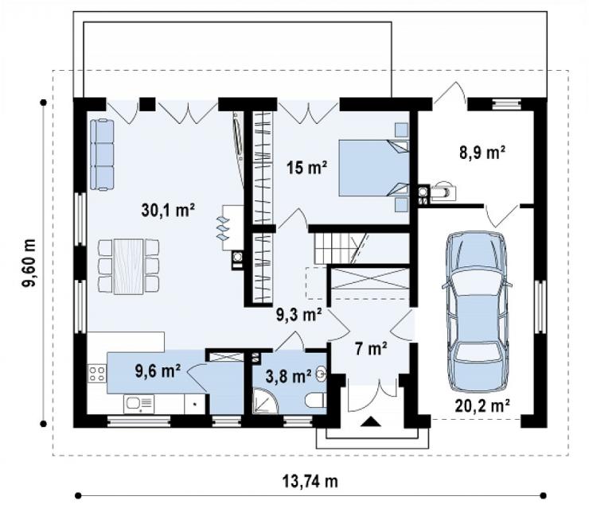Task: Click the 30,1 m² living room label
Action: [x=168, y=210]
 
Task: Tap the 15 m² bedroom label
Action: [x=306, y=167]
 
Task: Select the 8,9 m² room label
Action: [x=482, y=152]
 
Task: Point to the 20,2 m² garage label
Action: [x=482, y=405]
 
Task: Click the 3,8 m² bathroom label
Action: [x=288, y=376]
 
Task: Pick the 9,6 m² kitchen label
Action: [x=158, y=371]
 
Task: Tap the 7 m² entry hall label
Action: [x=371, y=349]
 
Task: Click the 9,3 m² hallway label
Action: [x=299, y=315]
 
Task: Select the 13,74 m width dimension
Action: [x=310, y=481]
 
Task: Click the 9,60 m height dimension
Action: [x=29, y=262]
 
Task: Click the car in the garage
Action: [x=476, y=312]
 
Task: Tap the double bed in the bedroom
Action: [x=374, y=168]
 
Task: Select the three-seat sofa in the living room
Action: [x=102, y=154]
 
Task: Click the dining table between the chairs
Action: [x=128, y=266]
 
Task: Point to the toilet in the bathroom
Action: [x=314, y=400]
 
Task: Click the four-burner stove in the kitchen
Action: [x=97, y=374]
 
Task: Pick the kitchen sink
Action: [x=138, y=403]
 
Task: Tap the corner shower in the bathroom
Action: [x=265, y=401]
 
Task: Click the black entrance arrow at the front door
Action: [x=371, y=421]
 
